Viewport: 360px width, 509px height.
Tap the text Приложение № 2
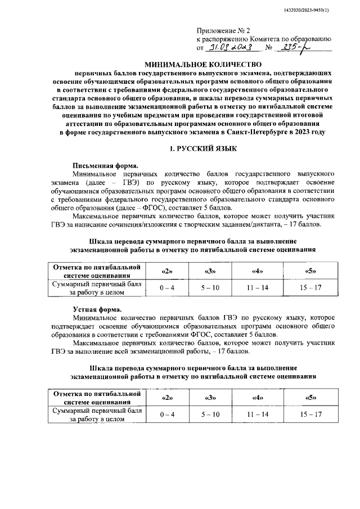tap(220, 30)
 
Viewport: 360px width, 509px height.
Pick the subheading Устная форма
tap(97, 309)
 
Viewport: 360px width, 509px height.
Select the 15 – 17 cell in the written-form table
tap(310, 288)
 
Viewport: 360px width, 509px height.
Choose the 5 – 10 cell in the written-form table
tap(211, 288)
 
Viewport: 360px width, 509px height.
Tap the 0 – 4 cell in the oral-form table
tap(167, 415)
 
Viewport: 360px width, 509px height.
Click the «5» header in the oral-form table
tap(310, 398)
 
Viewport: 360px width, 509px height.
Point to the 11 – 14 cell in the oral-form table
tap(258, 415)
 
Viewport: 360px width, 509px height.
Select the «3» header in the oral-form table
tap(211, 398)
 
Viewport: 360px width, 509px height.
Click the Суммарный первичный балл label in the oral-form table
tap(97, 411)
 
